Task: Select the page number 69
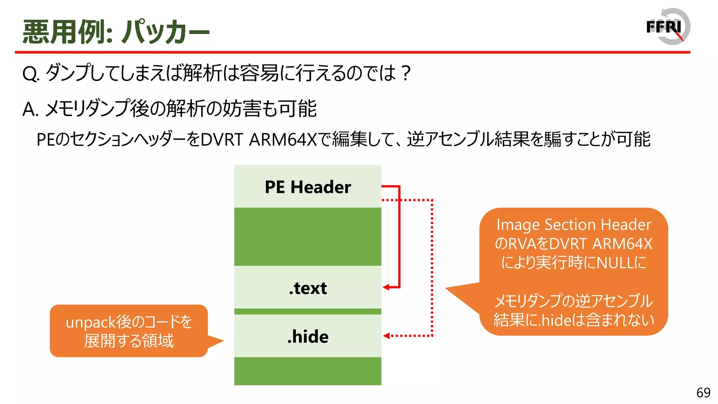tap(703, 393)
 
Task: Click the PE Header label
tap(307, 187)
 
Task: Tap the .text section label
tap(307, 288)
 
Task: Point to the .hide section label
tap(307, 337)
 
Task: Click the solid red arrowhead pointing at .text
tap(386, 287)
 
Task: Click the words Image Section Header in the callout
tap(574, 225)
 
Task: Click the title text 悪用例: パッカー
tap(116, 32)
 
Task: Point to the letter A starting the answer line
tap(29, 109)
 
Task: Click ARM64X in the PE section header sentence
tap(283, 140)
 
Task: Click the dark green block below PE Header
tap(307, 236)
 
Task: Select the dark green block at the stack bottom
tap(307, 371)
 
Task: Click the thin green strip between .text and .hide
tap(307, 311)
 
